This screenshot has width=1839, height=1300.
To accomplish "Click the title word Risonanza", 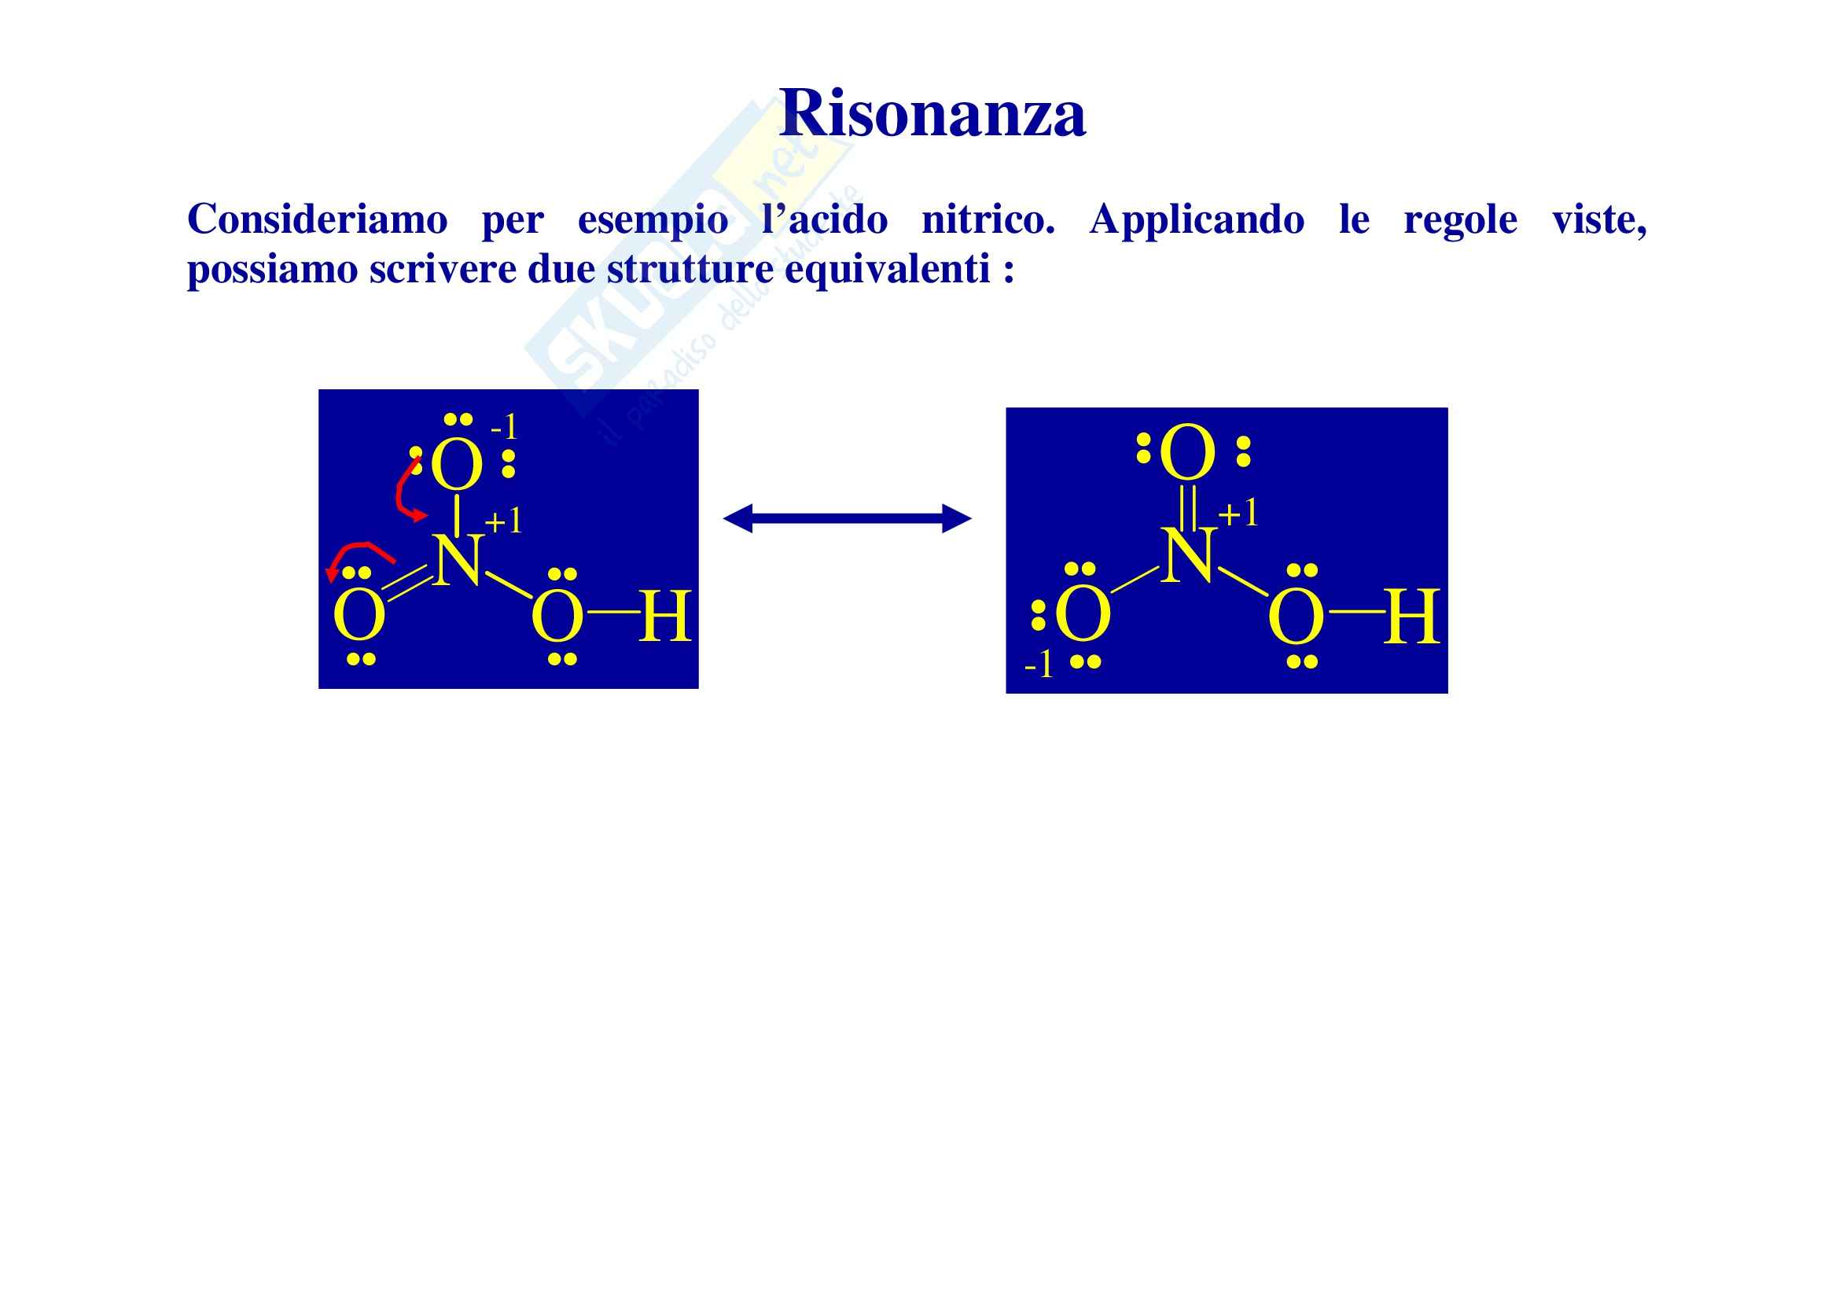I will (932, 114).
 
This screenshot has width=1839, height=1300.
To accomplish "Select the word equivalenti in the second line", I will (888, 269).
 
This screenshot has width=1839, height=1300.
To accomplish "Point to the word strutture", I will (690, 269).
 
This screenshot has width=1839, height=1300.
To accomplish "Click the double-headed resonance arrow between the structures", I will (847, 518).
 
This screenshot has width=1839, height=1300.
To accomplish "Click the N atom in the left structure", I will (458, 560).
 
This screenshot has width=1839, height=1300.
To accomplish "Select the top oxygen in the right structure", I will (1188, 454).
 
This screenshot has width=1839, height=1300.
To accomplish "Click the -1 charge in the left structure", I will (505, 428).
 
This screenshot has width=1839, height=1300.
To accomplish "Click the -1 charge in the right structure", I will (1039, 665).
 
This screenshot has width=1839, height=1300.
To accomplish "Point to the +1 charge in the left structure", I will (504, 522).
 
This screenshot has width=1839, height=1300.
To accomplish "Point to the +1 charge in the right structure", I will (1238, 514).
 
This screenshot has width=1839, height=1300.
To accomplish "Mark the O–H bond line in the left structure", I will (612, 613).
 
